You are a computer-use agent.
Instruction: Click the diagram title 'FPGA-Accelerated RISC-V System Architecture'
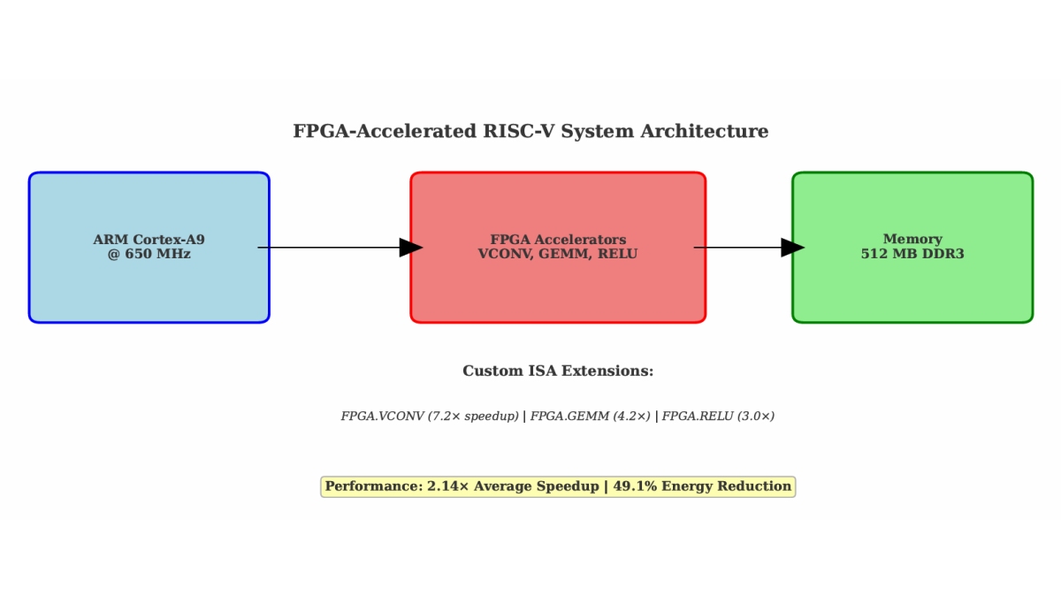coord(530,132)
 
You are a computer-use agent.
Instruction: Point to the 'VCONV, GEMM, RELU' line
coord(558,255)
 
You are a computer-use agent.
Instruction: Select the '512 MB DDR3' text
coord(912,255)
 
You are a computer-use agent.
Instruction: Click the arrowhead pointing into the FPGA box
coord(411,248)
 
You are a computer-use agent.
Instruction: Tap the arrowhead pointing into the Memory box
coord(792,248)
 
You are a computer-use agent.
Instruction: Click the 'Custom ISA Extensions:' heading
coord(558,371)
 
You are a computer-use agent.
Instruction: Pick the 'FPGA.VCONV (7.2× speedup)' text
coord(430,417)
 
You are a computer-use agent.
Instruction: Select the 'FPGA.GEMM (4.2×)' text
coord(590,417)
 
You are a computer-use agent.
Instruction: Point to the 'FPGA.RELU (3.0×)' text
coord(718,417)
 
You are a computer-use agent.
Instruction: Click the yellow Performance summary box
coord(558,486)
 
